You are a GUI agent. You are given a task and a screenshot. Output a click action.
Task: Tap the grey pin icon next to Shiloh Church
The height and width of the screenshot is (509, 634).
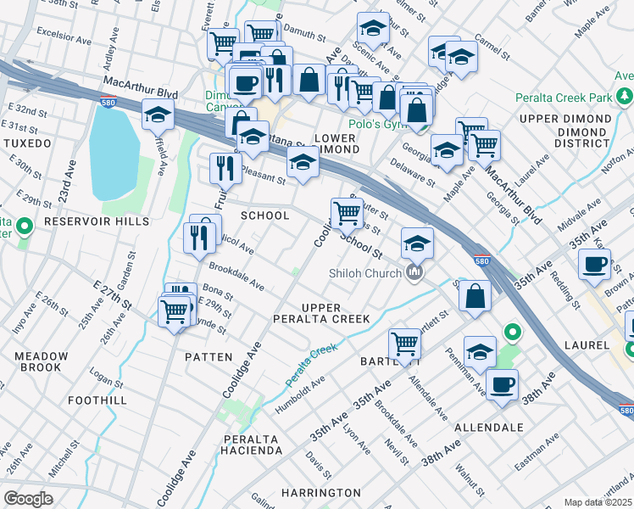(x=414, y=272)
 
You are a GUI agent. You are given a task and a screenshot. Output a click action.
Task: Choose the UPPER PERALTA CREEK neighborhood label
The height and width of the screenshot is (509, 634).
(x=320, y=313)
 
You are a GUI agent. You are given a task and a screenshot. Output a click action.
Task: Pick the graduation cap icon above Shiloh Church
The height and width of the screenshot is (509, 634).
(x=417, y=243)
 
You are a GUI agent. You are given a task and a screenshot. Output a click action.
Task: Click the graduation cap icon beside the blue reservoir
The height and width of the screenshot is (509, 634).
(x=158, y=114)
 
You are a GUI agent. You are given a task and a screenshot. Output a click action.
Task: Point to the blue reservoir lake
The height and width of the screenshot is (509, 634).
(x=114, y=153)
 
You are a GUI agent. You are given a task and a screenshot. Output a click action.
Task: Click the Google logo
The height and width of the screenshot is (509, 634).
(x=28, y=499)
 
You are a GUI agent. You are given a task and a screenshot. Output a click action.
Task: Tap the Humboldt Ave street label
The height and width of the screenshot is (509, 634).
(x=301, y=397)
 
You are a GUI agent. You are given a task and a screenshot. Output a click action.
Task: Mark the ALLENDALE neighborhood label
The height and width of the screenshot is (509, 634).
(x=488, y=427)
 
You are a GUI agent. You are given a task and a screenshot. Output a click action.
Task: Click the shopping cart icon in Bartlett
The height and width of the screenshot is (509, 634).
(x=405, y=344)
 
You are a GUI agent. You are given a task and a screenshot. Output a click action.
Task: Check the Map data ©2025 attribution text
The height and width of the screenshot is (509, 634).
(x=598, y=502)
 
